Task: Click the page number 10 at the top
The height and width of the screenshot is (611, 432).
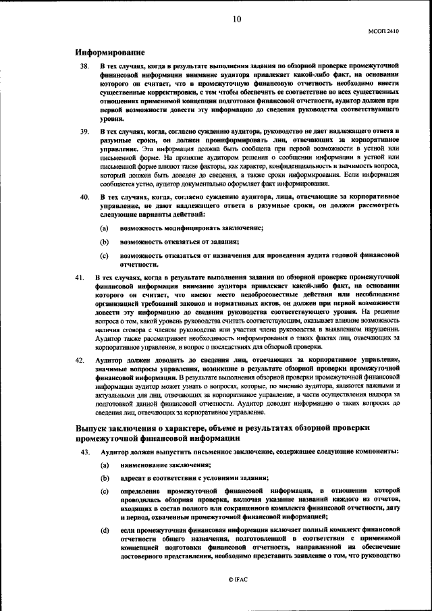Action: click(x=236, y=20)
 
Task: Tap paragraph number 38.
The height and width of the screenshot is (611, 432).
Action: click(x=84, y=67)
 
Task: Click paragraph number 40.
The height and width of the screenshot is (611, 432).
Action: click(x=84, y=196)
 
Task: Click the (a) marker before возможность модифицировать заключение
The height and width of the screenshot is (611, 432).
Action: click(x=105, y=228)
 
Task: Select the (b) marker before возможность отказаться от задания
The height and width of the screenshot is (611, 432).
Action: click(x=105, y=241)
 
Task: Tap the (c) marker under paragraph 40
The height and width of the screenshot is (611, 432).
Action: click(x=105, y=256)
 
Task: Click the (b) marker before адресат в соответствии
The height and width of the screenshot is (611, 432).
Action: click(x=105, y=478)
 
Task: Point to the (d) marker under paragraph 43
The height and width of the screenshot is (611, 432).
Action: click(x=105, y=531)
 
